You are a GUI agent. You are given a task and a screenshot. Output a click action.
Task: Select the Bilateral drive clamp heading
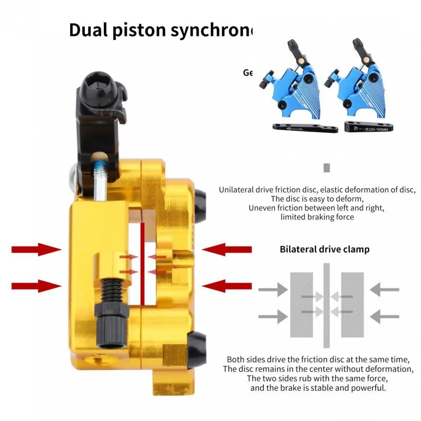point(324,249)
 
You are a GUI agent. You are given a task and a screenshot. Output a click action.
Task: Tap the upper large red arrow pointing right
point(36,249)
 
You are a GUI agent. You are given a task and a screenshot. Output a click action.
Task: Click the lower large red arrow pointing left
point(227,286)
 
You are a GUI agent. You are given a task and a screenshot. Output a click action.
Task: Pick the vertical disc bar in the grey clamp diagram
point(326,305)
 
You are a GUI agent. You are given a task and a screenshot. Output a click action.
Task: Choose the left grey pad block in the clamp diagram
point(301,304)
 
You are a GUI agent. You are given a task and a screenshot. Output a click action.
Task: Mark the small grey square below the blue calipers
point(326,168)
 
